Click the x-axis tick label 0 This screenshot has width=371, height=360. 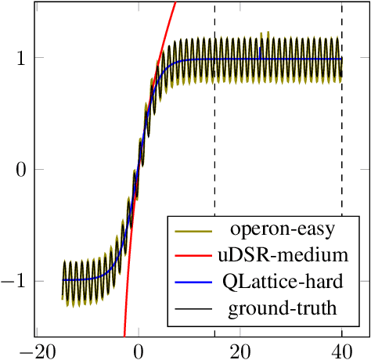coord(139,350)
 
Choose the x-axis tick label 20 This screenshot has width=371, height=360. coord(240,350)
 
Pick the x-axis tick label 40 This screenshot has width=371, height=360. coord(342,350)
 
